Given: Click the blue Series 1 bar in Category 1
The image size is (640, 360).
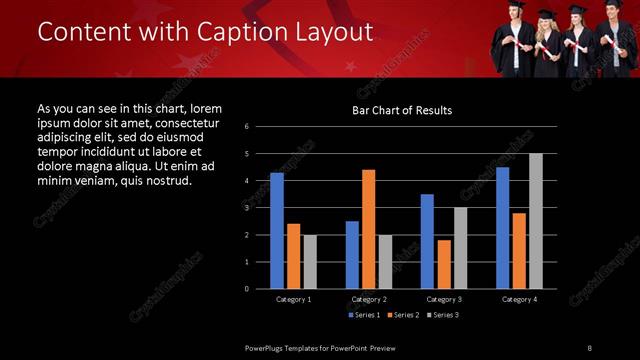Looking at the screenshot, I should pos(277,231).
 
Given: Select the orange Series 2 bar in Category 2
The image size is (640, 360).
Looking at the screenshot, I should pos(368,229).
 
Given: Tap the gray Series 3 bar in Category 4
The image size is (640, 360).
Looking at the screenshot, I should pos(536,221).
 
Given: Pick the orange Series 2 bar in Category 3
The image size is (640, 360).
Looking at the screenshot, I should pos(444,264).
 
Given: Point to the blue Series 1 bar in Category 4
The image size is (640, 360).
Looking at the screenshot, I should pos(502,228).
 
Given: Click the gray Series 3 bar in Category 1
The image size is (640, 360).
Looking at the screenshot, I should pos(310,262).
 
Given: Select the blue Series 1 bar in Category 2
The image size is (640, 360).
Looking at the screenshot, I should pos(352,255).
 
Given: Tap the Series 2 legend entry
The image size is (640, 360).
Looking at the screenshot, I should pos(402,315).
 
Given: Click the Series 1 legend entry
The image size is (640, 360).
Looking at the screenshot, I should pos(362,315).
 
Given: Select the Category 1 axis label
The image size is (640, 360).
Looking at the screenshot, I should pos(293,299).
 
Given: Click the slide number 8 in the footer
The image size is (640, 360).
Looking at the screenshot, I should pos(590,346).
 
